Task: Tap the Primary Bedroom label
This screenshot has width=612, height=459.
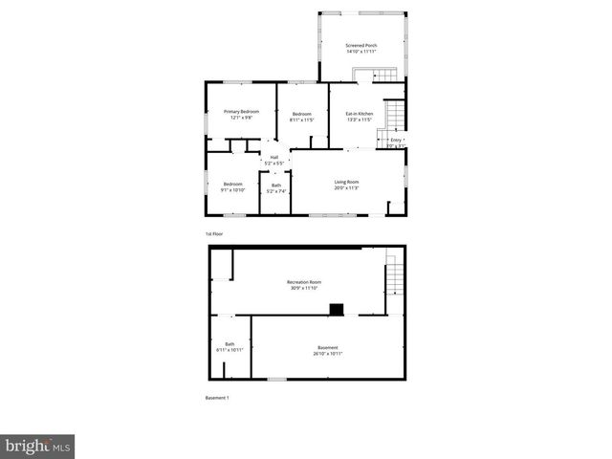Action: point(242,115)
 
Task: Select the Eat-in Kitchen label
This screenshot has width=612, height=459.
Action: point(359,117)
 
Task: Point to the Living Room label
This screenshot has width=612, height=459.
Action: point(346,185)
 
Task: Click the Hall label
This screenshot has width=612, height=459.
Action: point(274,160)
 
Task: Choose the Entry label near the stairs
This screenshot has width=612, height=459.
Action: point(396,142)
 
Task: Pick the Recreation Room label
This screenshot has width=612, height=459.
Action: point(304,284)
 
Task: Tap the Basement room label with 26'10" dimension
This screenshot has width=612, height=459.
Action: point(327,350)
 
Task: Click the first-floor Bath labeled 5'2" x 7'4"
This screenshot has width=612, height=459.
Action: point(276,188)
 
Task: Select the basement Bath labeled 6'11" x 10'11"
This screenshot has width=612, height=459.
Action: point(229,347)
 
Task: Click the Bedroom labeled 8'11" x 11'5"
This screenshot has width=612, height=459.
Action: point(302,117)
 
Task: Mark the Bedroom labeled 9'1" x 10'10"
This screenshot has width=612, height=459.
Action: point(233,186)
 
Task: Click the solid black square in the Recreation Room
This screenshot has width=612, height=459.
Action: point(337,309)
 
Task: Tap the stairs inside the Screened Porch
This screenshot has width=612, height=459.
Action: point(381,76)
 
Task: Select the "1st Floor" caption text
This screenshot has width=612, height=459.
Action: point(215,234)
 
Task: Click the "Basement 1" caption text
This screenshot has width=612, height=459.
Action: point(217,398)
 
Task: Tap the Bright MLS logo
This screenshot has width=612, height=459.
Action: point(37,446)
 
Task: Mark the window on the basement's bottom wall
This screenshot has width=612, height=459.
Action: point(276,380)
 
